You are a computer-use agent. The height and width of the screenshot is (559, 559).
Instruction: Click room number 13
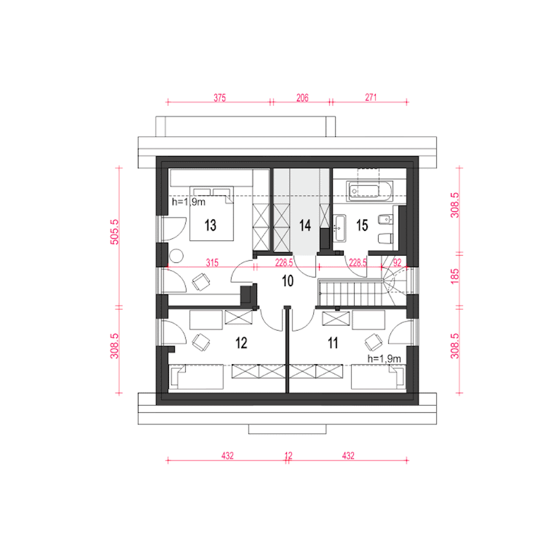click(x=210, y=225)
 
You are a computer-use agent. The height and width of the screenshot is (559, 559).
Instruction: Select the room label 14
click(x=305, y=225)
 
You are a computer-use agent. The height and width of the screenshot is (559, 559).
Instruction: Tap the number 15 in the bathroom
click(x=362, y=225)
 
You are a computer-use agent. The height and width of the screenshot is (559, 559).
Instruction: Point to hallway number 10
click(x=288, y=281)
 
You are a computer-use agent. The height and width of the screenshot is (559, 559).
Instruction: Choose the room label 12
click(x=241, y=343)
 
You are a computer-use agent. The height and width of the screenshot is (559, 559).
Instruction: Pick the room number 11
click(x=333, y=343)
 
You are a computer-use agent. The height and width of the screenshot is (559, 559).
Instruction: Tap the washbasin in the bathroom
click(x=339, y=228)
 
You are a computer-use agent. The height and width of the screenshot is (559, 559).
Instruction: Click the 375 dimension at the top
click(x=220, y=98)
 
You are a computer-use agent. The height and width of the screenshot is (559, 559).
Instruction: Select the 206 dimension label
click(x=302, y=98)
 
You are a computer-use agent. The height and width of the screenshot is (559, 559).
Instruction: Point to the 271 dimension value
click(x=371, y=97)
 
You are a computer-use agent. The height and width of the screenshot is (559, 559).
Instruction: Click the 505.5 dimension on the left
click(x=114, y=232)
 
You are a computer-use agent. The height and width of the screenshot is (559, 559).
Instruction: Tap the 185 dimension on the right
click(x=455, y=276)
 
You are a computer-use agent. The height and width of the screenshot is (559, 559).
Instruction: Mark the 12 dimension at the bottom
click(x=288, y=456)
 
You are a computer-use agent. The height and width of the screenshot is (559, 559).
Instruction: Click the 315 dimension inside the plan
click(x=212, y=263)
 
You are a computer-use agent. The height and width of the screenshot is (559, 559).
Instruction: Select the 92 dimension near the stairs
click(x=397, y=263)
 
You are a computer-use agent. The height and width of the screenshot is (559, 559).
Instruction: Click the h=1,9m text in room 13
click(x=189, y=202)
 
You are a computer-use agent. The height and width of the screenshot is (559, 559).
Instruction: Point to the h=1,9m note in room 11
click(x=384, y=359)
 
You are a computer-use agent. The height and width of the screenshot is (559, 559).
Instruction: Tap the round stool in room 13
click(x=176, y=256)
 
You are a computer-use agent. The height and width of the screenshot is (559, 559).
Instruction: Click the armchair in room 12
click(x=201, y=342)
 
